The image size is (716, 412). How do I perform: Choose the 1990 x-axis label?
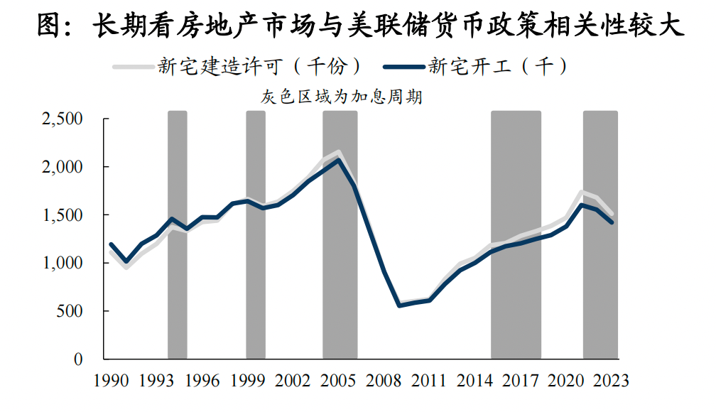click(x=112, y=381)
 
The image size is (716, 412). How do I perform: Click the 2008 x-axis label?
click(x=384, y=381)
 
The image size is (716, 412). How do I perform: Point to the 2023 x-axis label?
click(x=612, y=381)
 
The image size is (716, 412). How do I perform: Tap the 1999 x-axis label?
click(x=248, y=381)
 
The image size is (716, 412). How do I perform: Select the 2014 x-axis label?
click(x=475, y=381)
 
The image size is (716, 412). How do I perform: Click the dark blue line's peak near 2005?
click(x=339, y=160)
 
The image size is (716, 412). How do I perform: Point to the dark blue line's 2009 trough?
click(x=399, y=305)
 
